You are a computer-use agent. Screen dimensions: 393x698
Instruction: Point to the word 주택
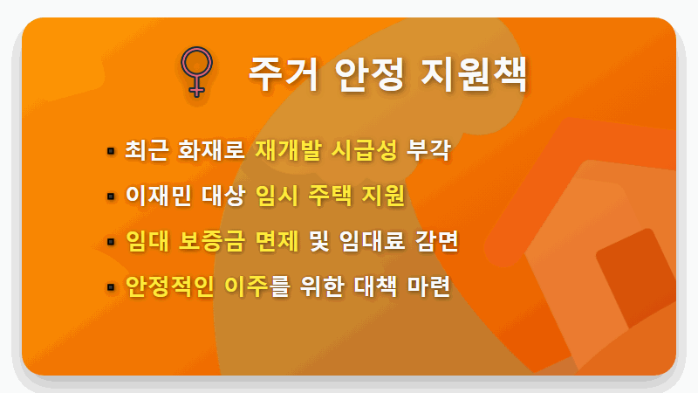[x=330, y=196]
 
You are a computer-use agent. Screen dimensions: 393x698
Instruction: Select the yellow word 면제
[x=280, y=241]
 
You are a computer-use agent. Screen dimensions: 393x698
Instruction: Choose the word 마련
[x=428, y=286]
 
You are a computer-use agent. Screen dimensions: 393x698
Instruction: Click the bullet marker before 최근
[x=111, y=151]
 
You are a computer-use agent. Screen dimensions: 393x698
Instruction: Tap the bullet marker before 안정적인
[x=111, y=287]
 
